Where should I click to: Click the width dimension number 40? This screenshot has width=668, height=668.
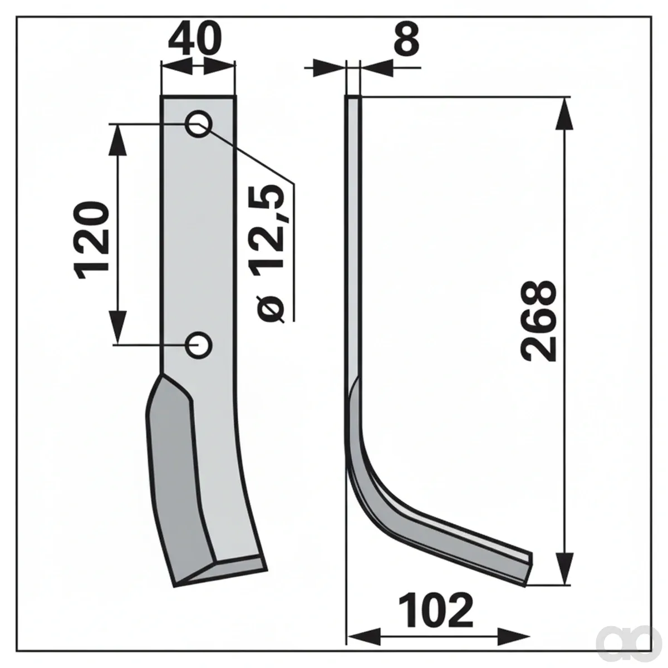click(x=194, y=39)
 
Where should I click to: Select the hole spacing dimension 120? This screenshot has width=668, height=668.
click(x=91, y=240)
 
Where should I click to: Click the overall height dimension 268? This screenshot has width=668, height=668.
click(x=538, y=321)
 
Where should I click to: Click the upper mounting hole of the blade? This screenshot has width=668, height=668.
click(x=199, y=124)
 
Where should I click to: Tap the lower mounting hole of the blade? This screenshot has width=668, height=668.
click(x=199, y=345)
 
